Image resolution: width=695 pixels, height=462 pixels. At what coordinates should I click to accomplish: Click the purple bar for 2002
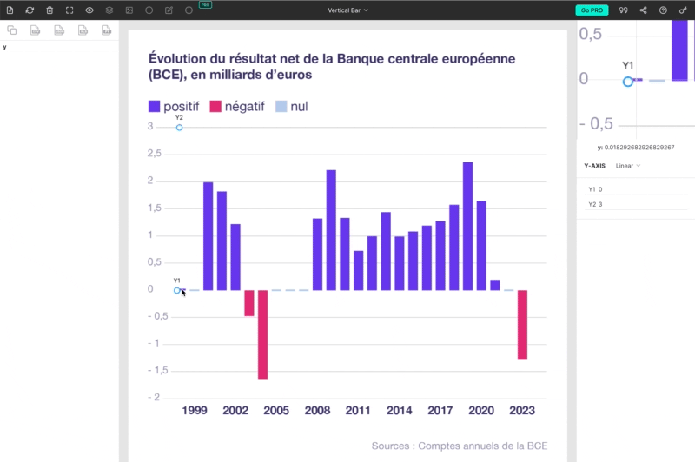point(235,257)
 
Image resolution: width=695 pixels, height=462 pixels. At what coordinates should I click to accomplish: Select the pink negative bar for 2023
point(523,324)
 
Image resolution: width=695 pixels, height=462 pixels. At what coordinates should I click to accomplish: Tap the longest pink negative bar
point(262,334)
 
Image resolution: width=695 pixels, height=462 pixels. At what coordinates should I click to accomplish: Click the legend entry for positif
point(174,107)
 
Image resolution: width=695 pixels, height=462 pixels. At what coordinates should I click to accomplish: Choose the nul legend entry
point(292,107)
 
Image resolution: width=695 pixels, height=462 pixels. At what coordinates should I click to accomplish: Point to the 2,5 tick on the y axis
point(155,154)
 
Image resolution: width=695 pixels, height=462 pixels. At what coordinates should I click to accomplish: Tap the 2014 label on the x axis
point(400,411)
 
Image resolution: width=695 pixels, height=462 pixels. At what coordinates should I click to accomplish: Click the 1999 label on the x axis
point(195,411)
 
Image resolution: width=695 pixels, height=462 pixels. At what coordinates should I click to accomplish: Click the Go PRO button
point(592,10)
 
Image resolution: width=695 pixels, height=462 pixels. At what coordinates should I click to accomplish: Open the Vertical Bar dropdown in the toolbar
point(347,10)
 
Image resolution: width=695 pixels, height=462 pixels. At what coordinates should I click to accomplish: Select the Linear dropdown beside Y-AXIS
point(628,165)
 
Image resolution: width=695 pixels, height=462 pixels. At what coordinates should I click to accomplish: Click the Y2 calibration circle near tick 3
point(179,128)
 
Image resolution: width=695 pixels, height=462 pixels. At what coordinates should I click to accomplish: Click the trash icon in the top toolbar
point(50,10)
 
